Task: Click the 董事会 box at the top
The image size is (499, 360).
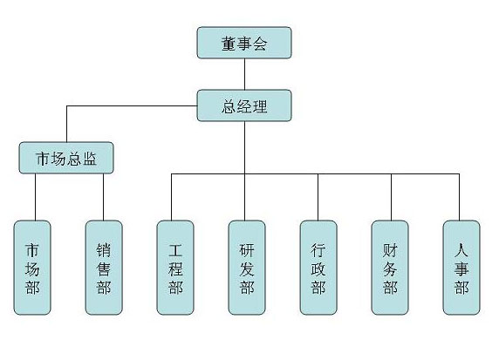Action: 244,43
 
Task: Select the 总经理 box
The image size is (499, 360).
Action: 244,105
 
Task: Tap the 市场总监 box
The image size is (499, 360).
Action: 66,158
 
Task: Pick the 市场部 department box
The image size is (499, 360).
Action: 32,268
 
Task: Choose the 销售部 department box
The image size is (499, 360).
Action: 104,268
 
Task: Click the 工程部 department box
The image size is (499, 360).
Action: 175,268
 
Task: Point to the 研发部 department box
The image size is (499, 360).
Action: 247,268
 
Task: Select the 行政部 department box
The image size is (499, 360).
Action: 318,268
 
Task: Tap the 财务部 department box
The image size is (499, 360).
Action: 390,268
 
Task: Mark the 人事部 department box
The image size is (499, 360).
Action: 461,268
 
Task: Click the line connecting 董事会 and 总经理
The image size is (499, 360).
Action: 244,74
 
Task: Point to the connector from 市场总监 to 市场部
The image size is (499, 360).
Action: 35,197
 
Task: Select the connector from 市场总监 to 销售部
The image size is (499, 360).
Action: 104,197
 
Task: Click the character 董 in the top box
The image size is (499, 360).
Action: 229,44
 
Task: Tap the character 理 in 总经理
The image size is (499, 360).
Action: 260,106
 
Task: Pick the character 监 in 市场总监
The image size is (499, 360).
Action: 90,159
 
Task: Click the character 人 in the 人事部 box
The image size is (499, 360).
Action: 461,249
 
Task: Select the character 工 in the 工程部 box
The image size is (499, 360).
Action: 175,250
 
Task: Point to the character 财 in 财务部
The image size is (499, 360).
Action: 390,250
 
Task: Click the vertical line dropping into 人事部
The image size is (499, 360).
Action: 459,197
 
